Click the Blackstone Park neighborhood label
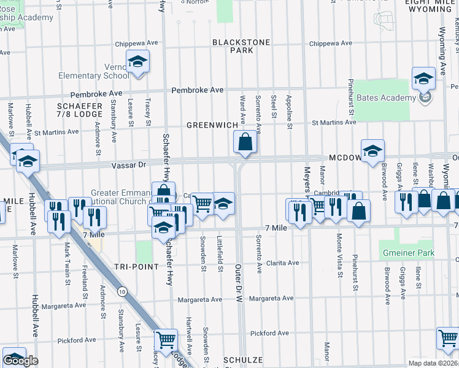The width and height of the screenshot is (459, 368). [233, 46]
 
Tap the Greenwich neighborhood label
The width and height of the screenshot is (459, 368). [212, 125]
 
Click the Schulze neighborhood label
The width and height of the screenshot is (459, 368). [243, 360]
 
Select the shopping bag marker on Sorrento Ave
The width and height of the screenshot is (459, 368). [245, 142]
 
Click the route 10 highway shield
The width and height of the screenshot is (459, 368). [123, 292]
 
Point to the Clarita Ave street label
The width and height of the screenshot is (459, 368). [282, 263]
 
